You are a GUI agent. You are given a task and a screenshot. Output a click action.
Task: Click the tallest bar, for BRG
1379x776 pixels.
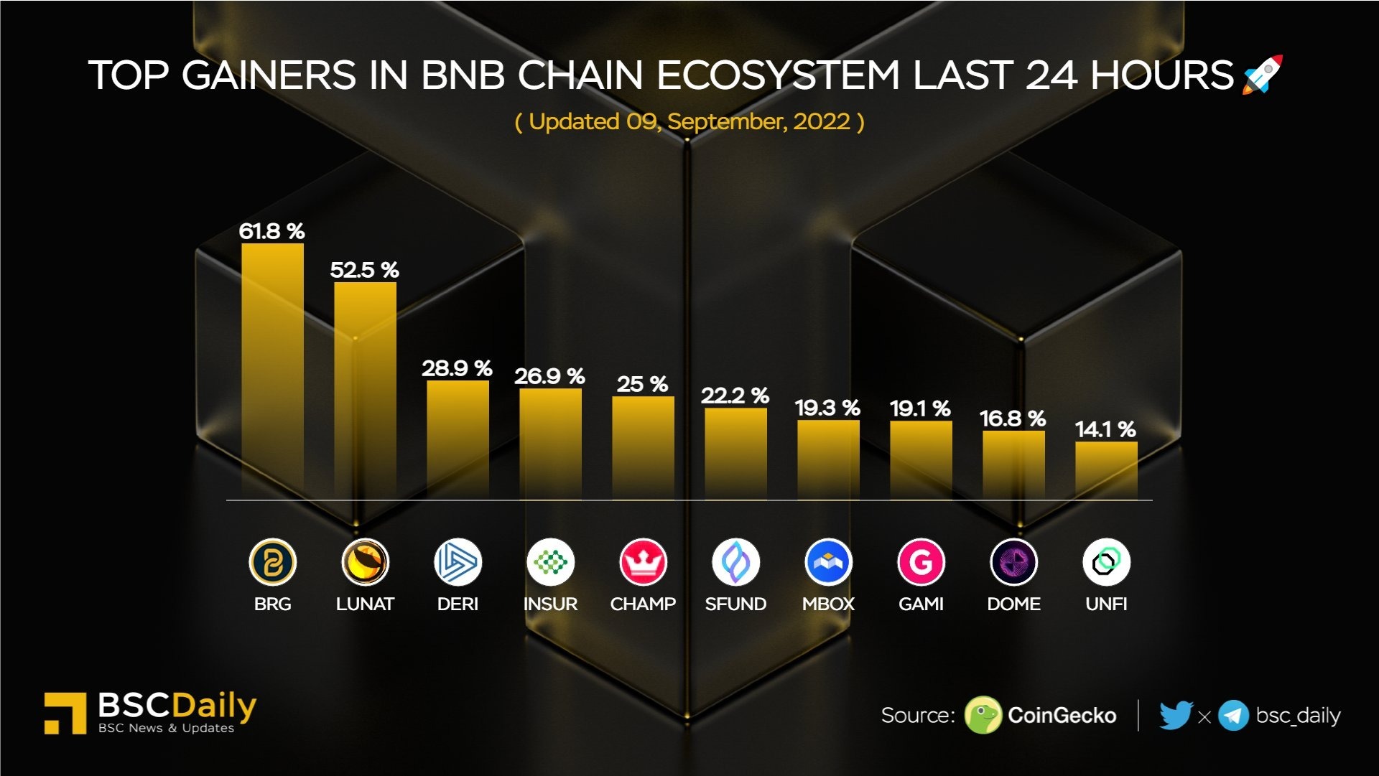pyautogui.click(x=272, y=370)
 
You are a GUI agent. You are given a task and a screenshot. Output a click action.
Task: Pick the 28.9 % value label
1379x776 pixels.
pyautogui.click(x=457, y=368)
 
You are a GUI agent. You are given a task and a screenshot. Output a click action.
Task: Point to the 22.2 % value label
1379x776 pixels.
pyautogui.click(x=735, y=396)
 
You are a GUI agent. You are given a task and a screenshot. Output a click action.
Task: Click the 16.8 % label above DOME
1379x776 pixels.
pyautogui.click(x=1013, y=419)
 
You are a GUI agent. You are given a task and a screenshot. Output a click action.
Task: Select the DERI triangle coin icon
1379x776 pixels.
pyautogui.click(x=458, y=562)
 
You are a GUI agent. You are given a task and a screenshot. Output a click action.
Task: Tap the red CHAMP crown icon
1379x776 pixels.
pyautogui.click(x=643, y=562)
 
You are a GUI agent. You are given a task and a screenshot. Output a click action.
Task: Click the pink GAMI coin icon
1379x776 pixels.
pyautogui.click(x=921, y=562)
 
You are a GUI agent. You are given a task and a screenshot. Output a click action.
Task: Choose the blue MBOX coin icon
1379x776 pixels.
pyautogui.click(x=828, y=562)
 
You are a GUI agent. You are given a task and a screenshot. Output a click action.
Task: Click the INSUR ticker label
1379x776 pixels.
pyautogui.click(x=550, y=604)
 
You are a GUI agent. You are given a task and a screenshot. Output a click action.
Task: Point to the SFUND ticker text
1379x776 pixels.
pyautogui.click(x=735, y=604)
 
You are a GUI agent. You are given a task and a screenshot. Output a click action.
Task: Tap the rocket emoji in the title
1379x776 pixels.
pyautogui.click(x=1262, y=74)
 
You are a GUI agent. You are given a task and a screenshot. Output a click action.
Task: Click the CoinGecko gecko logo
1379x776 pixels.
pyautogui.click(x=983, y=715)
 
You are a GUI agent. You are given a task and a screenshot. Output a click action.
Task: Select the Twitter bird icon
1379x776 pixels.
pyautogui.click(x=1176, y=715)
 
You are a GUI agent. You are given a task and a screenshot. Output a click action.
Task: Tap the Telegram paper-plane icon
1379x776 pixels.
pyautogui.click(x=1233, y=716)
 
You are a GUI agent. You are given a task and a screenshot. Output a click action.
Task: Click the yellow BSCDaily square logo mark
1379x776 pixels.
pyautogui.click(x=65, y=713)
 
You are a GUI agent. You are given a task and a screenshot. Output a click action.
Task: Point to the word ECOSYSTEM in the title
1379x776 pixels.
pyautogui.click(x=778, y=75)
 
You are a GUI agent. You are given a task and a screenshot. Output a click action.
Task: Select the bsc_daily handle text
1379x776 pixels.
pyautogui.click(x=1298, y=716)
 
